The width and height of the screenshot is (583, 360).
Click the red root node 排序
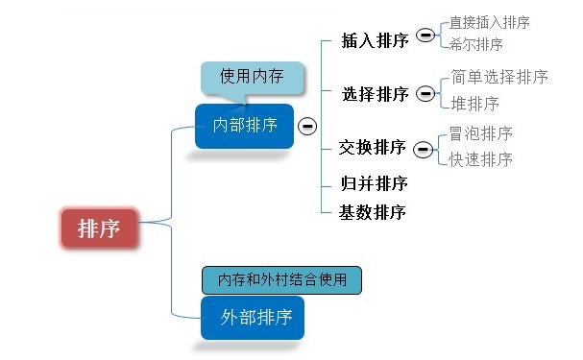99,228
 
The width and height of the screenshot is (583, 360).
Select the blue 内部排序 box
244,126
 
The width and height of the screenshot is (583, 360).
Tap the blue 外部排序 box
253,317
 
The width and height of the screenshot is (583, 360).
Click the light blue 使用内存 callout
253,77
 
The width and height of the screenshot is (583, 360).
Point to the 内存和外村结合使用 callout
281,279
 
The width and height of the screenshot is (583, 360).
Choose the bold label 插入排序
375,40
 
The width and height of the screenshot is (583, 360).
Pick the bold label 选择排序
375,94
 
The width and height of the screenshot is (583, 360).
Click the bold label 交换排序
372,147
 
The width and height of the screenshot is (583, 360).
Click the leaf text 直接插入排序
490,22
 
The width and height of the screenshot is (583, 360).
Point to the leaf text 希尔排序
475,44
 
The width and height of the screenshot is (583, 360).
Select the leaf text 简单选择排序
499,77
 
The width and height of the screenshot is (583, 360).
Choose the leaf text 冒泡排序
480,133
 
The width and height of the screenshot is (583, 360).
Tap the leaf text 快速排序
480,159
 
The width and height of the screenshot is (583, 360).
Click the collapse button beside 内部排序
307,126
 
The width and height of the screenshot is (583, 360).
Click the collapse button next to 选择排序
425,94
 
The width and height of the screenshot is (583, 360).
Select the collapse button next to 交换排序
422,148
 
